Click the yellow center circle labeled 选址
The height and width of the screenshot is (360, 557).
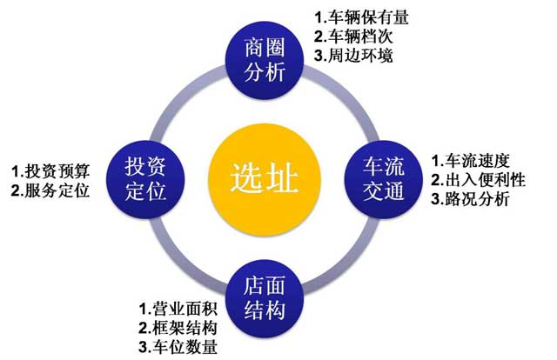pos(265,179)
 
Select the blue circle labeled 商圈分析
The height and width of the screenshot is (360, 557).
pos(265,60)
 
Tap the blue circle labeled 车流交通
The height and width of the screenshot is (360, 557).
pos(383,179)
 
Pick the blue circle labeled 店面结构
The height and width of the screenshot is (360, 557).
pos(265,299)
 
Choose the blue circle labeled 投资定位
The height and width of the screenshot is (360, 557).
pos(145,179)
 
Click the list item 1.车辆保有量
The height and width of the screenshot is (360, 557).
pos(361,17)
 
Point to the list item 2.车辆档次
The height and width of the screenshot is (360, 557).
pos(353,37)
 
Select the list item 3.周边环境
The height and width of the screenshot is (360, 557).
pos(353,56)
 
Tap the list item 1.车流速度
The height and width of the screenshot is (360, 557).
pos(471,161)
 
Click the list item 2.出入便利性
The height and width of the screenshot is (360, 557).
pos(478,180)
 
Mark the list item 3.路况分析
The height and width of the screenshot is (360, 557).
pos(471,199)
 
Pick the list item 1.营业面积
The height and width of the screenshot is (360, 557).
pos(178,308)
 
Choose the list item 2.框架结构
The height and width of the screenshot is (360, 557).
pos(178,327)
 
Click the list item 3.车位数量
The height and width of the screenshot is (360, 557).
pos(178,346)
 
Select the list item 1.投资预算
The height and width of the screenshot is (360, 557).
pos(50,171)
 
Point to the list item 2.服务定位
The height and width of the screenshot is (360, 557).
pos(50,190)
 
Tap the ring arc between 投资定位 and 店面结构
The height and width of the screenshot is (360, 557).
pos(180,263)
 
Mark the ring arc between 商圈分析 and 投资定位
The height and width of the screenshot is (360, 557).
pos(180,96)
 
